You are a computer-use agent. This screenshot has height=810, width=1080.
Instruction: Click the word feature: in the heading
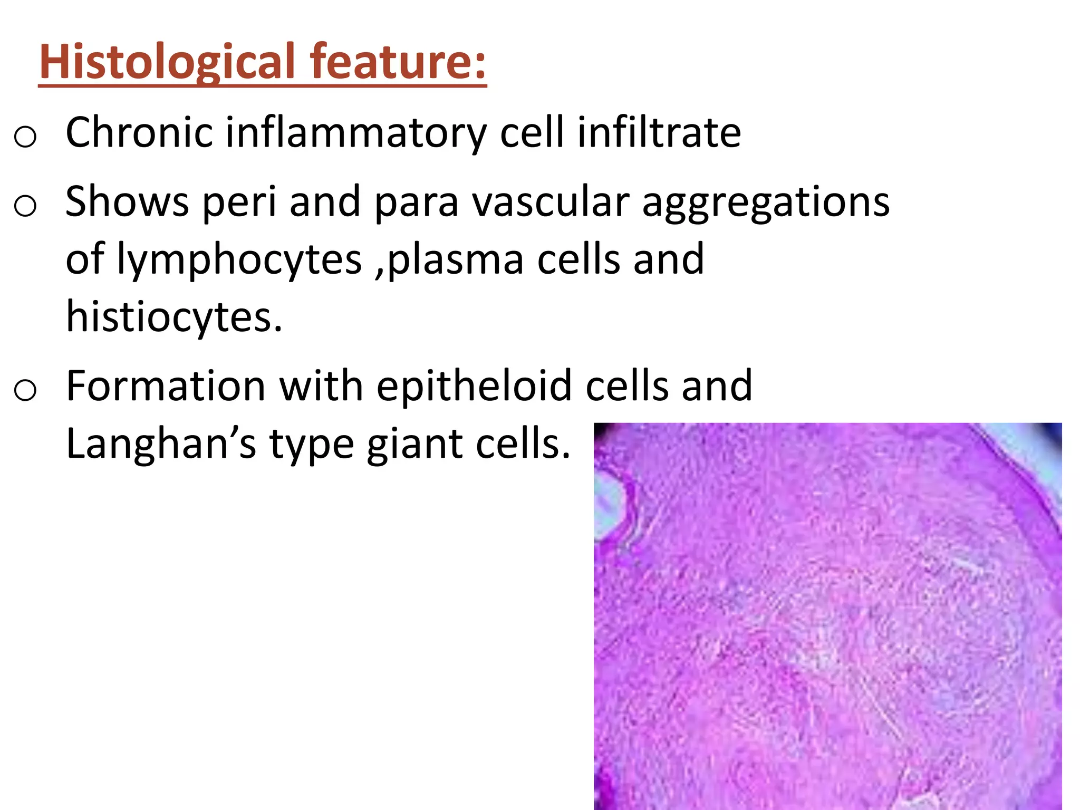tap(398, 62)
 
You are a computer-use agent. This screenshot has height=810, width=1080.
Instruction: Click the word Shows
tap(127, 201)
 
